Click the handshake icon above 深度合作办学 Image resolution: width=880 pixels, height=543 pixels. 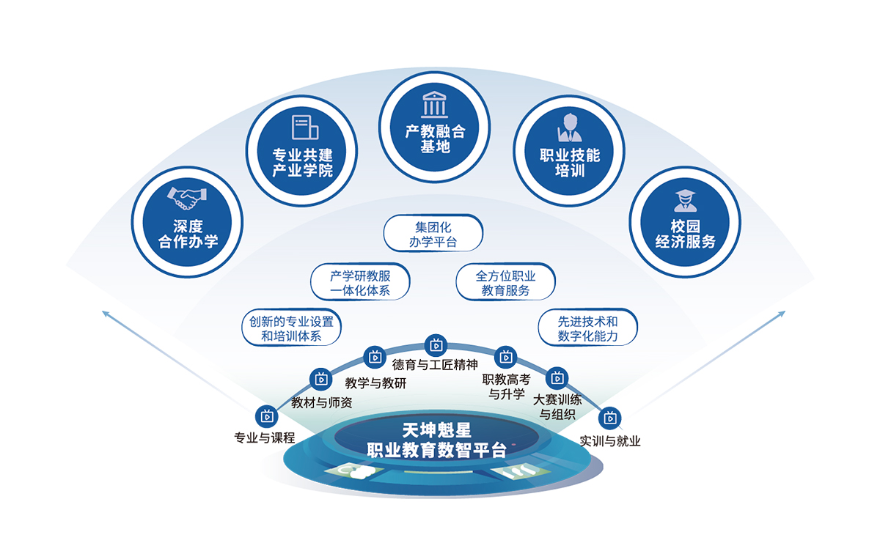187,196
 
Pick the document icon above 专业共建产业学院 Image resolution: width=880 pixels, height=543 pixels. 304,128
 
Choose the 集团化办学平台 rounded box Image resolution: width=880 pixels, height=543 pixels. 433,233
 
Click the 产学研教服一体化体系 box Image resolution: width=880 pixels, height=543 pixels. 360,283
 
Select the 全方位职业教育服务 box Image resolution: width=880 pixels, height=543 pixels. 505,283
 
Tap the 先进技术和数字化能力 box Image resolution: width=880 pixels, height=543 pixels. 587,328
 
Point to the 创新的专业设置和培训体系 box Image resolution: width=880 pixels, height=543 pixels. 291,328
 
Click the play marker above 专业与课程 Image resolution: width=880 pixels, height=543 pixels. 265,415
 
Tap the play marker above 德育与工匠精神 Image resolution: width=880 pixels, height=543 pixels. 436,343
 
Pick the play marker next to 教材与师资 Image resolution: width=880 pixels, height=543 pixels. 321,378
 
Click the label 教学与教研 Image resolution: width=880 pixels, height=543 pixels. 375,383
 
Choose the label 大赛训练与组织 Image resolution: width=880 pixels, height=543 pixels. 557,407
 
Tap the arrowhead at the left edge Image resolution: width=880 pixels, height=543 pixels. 106,314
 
